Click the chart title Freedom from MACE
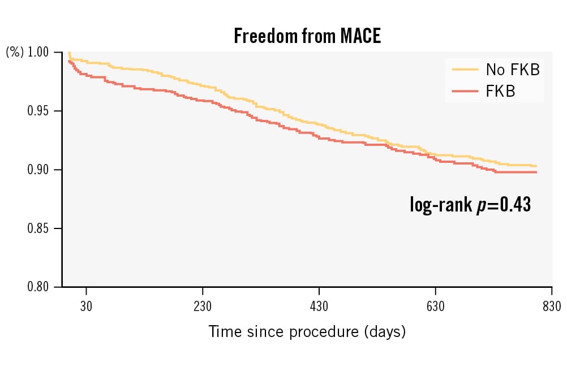tap(307, 36)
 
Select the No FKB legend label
tap(513, 70)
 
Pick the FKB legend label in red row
tap(501, 91)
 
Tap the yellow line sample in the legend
tap(465, 70)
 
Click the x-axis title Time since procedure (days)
tap(307, 331)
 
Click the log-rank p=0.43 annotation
tap(470, 205)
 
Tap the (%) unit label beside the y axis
tap(15, 53)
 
